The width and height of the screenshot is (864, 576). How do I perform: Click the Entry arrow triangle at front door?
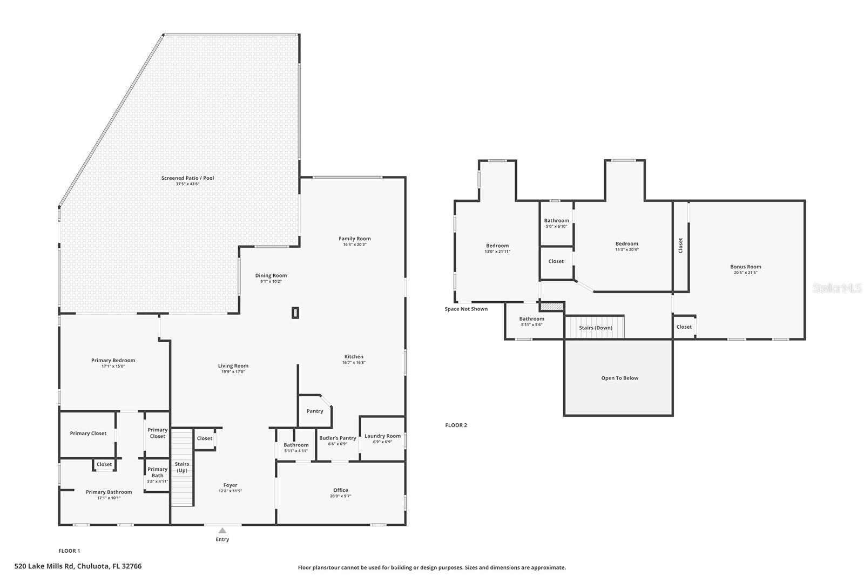pyautogui.click(x=222, y=531)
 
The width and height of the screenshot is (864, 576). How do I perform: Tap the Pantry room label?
pyautogui.click(x=315, y=411)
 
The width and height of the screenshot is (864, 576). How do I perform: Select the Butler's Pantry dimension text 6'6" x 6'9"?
pyautogui.click(x=337, y=444)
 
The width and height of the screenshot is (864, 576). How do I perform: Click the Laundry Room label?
pyautogui.click(x=382, y=436)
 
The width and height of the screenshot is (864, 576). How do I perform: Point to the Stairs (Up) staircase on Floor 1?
pyautogui.click(x=182, y=467)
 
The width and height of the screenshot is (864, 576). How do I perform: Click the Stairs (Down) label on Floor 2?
pyautogui.click(x=596, y=328)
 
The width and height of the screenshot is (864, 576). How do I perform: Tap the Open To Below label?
pyautogui.click(x=619, y=378)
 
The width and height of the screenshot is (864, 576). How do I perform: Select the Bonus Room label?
pyautogui.click(x=745, y=267)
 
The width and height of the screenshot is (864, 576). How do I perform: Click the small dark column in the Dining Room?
pyautogui.click(x=295, y=313)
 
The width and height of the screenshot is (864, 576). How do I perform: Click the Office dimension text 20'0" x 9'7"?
pyautogui.click(x=340, y=496)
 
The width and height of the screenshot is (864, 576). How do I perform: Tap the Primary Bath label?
pyautogui.click(x=157, y=472)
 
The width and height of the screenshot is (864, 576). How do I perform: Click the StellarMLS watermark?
pyautogui.click(x=836, y=288)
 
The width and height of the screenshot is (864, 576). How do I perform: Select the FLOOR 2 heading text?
pyautogui.click(x=456, y=425)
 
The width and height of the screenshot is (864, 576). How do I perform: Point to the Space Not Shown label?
pyautogui.click(x=466, y=309)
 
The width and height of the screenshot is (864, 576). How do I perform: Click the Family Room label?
pyautogui.click(x=355, y=239)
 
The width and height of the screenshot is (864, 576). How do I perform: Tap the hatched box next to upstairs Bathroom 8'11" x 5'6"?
pyautogui.click(x=552, y=307)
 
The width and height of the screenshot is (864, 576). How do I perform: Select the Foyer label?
pyautogui.click(x=230, y=485)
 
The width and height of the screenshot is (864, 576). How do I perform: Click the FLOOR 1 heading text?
pyautogui.click(x=69, y=551)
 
